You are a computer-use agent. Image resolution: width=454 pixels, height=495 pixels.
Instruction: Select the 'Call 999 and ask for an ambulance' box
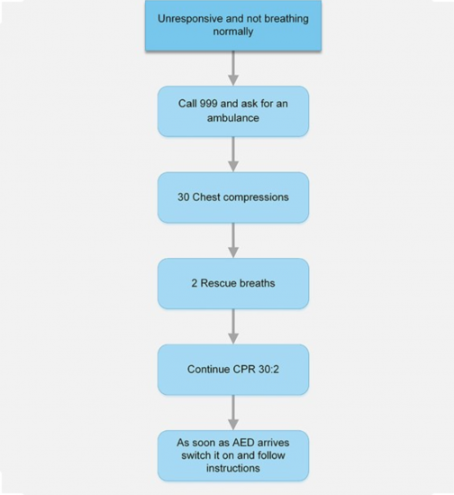[233, 111]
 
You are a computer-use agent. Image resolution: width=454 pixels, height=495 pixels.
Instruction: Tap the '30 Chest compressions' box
[233, 197]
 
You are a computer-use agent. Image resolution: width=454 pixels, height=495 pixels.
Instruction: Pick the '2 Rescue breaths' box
[233, 283]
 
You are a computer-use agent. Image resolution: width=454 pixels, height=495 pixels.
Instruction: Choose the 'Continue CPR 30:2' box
[233, 369]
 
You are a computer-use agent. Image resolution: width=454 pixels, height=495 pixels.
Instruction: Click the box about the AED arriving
[233, 455]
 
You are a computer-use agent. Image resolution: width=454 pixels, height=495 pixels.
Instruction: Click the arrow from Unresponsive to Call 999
[233, 68]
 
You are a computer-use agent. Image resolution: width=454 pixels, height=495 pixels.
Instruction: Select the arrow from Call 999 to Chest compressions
[233, 153]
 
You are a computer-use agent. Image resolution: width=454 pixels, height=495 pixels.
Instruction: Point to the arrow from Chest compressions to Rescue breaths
[233, 240]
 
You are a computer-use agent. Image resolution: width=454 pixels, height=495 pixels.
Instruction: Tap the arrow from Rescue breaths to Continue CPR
[233, 325]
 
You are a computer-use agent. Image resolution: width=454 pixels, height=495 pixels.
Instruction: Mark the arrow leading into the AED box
[233, 412]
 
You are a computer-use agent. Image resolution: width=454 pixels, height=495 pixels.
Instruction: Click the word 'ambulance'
[233, 117]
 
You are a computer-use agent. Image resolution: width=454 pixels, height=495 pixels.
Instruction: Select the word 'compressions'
[253, 197]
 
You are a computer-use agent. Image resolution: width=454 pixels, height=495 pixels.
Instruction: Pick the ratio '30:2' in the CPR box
[266, 369]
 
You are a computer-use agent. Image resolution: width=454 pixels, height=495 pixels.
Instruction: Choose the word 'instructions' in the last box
[233, 468]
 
